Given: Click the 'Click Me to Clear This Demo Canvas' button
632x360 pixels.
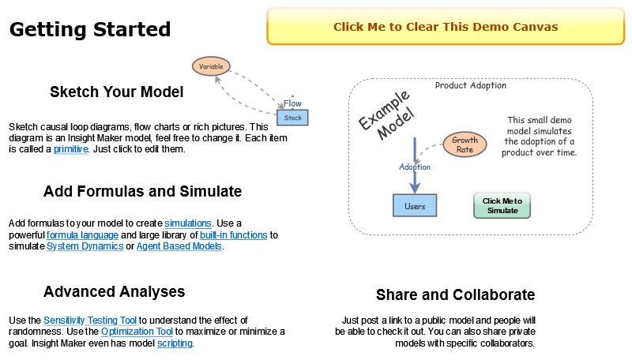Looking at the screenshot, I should (x=446, y=27).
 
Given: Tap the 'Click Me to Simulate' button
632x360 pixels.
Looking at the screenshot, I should (x=502, y=205).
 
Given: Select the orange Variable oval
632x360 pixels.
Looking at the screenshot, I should (x=211, y=66).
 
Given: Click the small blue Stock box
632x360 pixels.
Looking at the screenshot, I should (x=292, y=118).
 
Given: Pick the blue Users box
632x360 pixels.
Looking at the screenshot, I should (x=415, y=206).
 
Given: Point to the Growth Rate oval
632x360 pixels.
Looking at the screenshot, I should (x=465, y=144).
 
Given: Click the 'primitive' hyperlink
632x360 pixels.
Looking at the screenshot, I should (x=70, y=149).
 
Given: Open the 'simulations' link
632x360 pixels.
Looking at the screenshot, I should (x=188, y=223).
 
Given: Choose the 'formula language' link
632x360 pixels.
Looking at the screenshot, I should (x=82, y=235).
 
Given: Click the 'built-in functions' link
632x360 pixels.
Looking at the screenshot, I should (x=234, y=235).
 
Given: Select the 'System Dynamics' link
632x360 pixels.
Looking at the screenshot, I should (x=85, y=246).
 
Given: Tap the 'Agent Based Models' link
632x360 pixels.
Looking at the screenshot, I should (x=179, y=246).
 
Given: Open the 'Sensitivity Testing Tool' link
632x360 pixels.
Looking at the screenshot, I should (x=90, y=321).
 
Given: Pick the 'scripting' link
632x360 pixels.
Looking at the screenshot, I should (x=175, y=343).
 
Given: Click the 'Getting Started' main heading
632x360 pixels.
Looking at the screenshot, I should (x=90, y=30).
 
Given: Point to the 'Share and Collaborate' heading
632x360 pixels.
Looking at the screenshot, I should (x=455, y=295).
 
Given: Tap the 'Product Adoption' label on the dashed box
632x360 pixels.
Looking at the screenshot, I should (x=471, y=85).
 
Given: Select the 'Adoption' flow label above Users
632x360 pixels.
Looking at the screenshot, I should (x=415, y=167).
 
